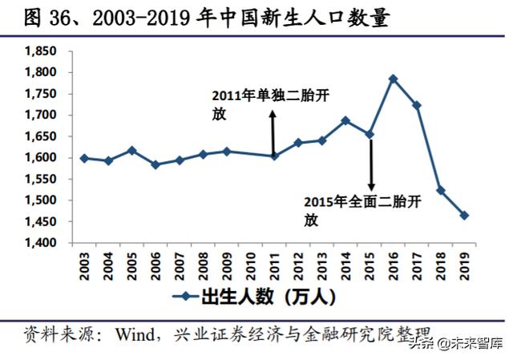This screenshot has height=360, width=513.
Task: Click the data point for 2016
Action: click(393, 79)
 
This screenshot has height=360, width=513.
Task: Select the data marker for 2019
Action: click(464, 215)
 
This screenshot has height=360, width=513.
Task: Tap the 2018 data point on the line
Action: click(441, 190)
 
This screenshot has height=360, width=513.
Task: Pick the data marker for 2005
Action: click(132, 150)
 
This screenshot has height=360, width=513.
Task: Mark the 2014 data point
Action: click(345, 120)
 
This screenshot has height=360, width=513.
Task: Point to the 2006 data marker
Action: click(156, 164)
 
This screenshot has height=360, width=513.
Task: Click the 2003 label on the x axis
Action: click(85, 264)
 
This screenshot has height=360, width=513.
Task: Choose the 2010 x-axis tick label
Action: click(251, 264)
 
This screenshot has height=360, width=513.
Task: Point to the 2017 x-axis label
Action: click(417, 264)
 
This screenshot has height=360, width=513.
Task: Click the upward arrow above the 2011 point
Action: click(273, 132)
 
